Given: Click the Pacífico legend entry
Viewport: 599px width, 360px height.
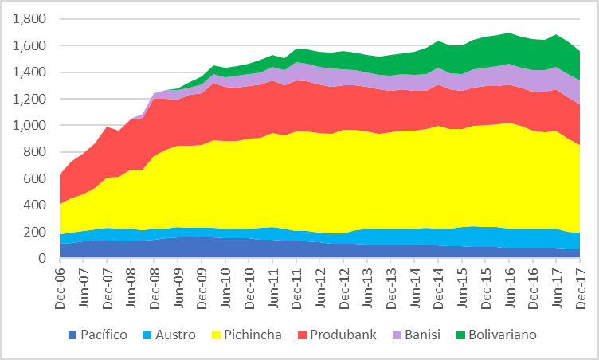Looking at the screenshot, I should click(x=102, y=335).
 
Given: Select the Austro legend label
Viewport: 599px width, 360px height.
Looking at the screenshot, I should click(x=176, y=335).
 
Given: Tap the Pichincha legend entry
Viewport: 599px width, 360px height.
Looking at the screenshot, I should click(x=254, y=335).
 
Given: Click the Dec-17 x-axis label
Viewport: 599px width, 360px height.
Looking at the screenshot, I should click(x=581, y=284).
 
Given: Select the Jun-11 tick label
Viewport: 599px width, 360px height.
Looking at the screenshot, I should click(x=274, y=284).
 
